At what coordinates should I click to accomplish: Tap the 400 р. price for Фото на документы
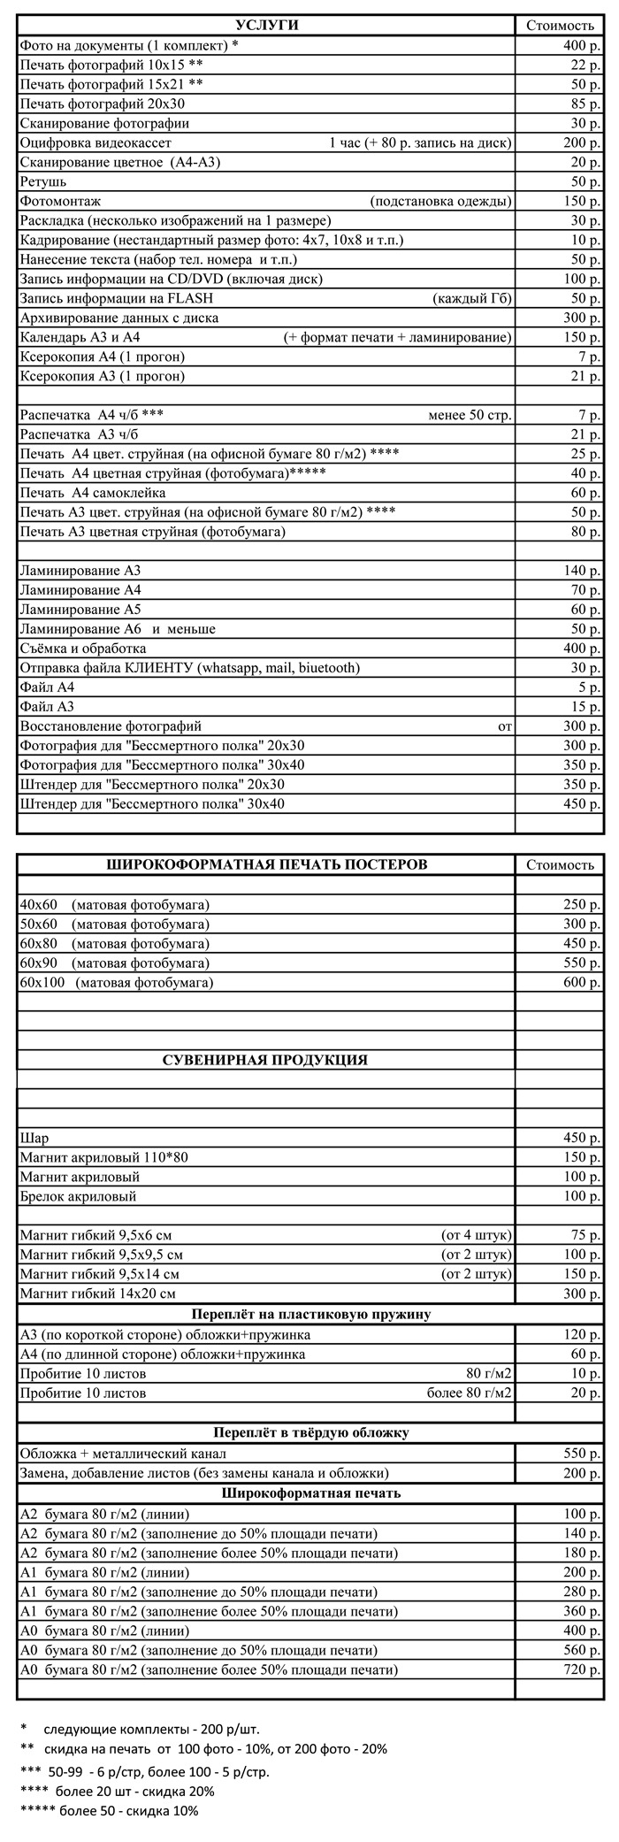click(582, 45)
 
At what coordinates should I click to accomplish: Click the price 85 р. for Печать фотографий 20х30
click(585, 104)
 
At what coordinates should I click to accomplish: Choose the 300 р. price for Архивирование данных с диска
click(582, 318)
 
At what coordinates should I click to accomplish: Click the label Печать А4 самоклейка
click(93, 493)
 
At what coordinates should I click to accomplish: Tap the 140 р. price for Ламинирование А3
click(582, 571)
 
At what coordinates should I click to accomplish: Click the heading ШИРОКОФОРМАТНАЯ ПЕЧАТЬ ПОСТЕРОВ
click(266, 864)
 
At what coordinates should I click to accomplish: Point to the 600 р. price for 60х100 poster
click(582, 982)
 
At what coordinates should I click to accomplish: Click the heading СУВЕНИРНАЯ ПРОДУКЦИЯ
click(265, 1060)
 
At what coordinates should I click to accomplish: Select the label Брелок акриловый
click(78, 1196)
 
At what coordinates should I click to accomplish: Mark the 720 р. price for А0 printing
click(582, 1670)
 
